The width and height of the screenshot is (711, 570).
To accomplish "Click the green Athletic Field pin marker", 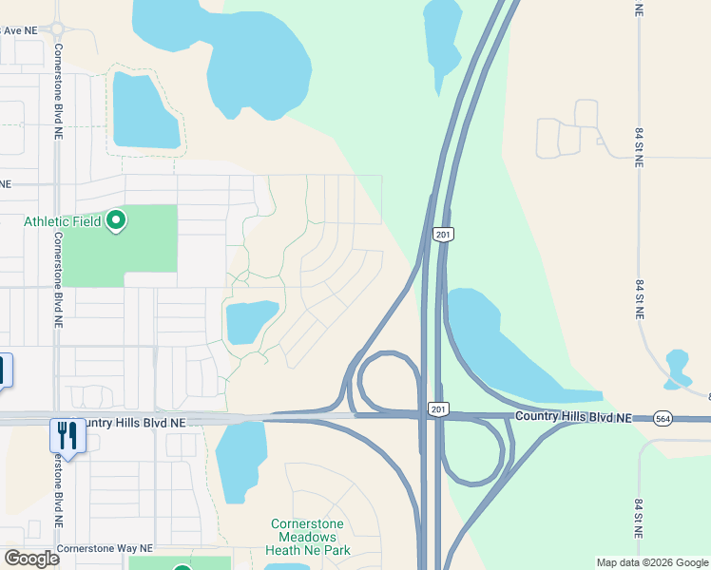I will (x=117, y=221).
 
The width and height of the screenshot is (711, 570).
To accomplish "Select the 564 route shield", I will (x=663, y=418).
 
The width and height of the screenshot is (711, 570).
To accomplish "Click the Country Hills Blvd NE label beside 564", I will (x=573, y=418).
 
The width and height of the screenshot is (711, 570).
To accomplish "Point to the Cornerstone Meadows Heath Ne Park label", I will (x=310, y=537).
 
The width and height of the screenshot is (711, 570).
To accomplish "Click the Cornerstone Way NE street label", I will (x=105, y=548).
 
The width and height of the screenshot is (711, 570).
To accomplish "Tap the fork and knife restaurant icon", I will (x=67, y=435).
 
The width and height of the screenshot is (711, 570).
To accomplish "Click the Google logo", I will (x=31, y=558).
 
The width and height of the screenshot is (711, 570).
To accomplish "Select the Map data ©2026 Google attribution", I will (x=652, y=562).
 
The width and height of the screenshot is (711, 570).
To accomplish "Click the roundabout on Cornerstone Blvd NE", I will (x=58, y=28).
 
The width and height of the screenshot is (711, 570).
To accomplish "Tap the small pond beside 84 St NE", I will (x=678, y=367).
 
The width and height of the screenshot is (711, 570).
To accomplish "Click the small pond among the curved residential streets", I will (x=249, y=321).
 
